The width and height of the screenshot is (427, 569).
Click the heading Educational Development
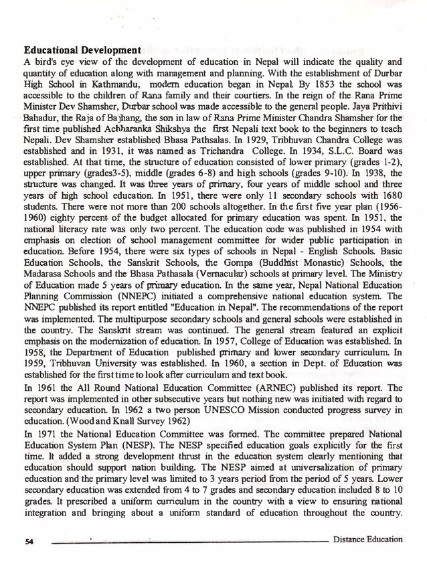tap(82, 50)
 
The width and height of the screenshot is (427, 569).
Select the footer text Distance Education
tap(367, 539)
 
